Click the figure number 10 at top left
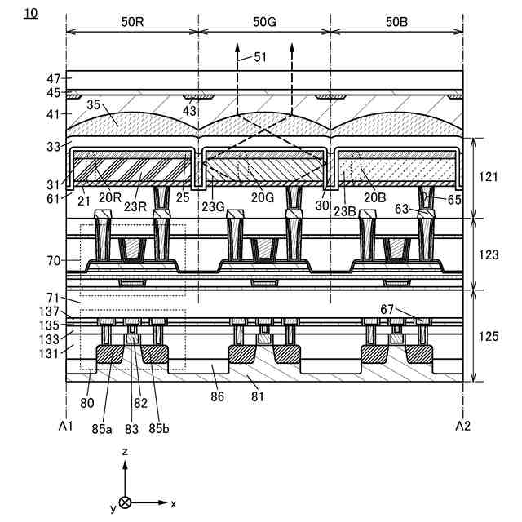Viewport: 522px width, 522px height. click(31, 14)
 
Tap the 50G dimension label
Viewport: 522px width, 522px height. click(264, 21)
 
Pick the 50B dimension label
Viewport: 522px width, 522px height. click(396, 21)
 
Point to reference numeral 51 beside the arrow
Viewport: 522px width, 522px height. click(260, 56)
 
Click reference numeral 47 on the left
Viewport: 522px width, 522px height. click(53, 79)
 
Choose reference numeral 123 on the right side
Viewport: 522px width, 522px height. click(489, 254)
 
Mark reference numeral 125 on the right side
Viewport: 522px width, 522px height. click(489, 335)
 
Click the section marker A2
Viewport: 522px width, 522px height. click(463, 425)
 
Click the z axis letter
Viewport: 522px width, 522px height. click(125, 451)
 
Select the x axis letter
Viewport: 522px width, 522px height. click(174, 503)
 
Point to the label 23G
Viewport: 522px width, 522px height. click(215, 206)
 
